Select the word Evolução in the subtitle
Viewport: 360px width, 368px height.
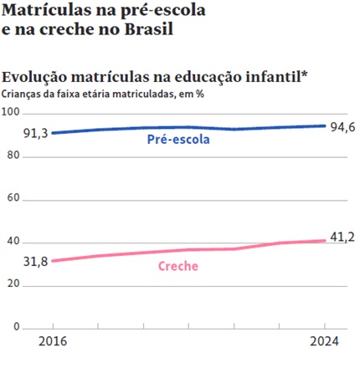click(36, 76)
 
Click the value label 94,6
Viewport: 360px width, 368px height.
click(342, 127)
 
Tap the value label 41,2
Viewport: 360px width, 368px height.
click(342, 238)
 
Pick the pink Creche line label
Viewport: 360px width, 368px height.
click(177, 267)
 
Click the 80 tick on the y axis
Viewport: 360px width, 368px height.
click(12, 156)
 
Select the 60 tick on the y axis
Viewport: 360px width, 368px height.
click(12, 198)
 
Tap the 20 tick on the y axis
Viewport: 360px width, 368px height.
click(12, 284)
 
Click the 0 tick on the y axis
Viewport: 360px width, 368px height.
click(15, 326)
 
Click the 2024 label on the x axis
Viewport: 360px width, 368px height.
click(325, 342)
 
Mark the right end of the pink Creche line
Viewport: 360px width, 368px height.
click(325, 241)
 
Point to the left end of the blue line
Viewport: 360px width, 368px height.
click(52, 132)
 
